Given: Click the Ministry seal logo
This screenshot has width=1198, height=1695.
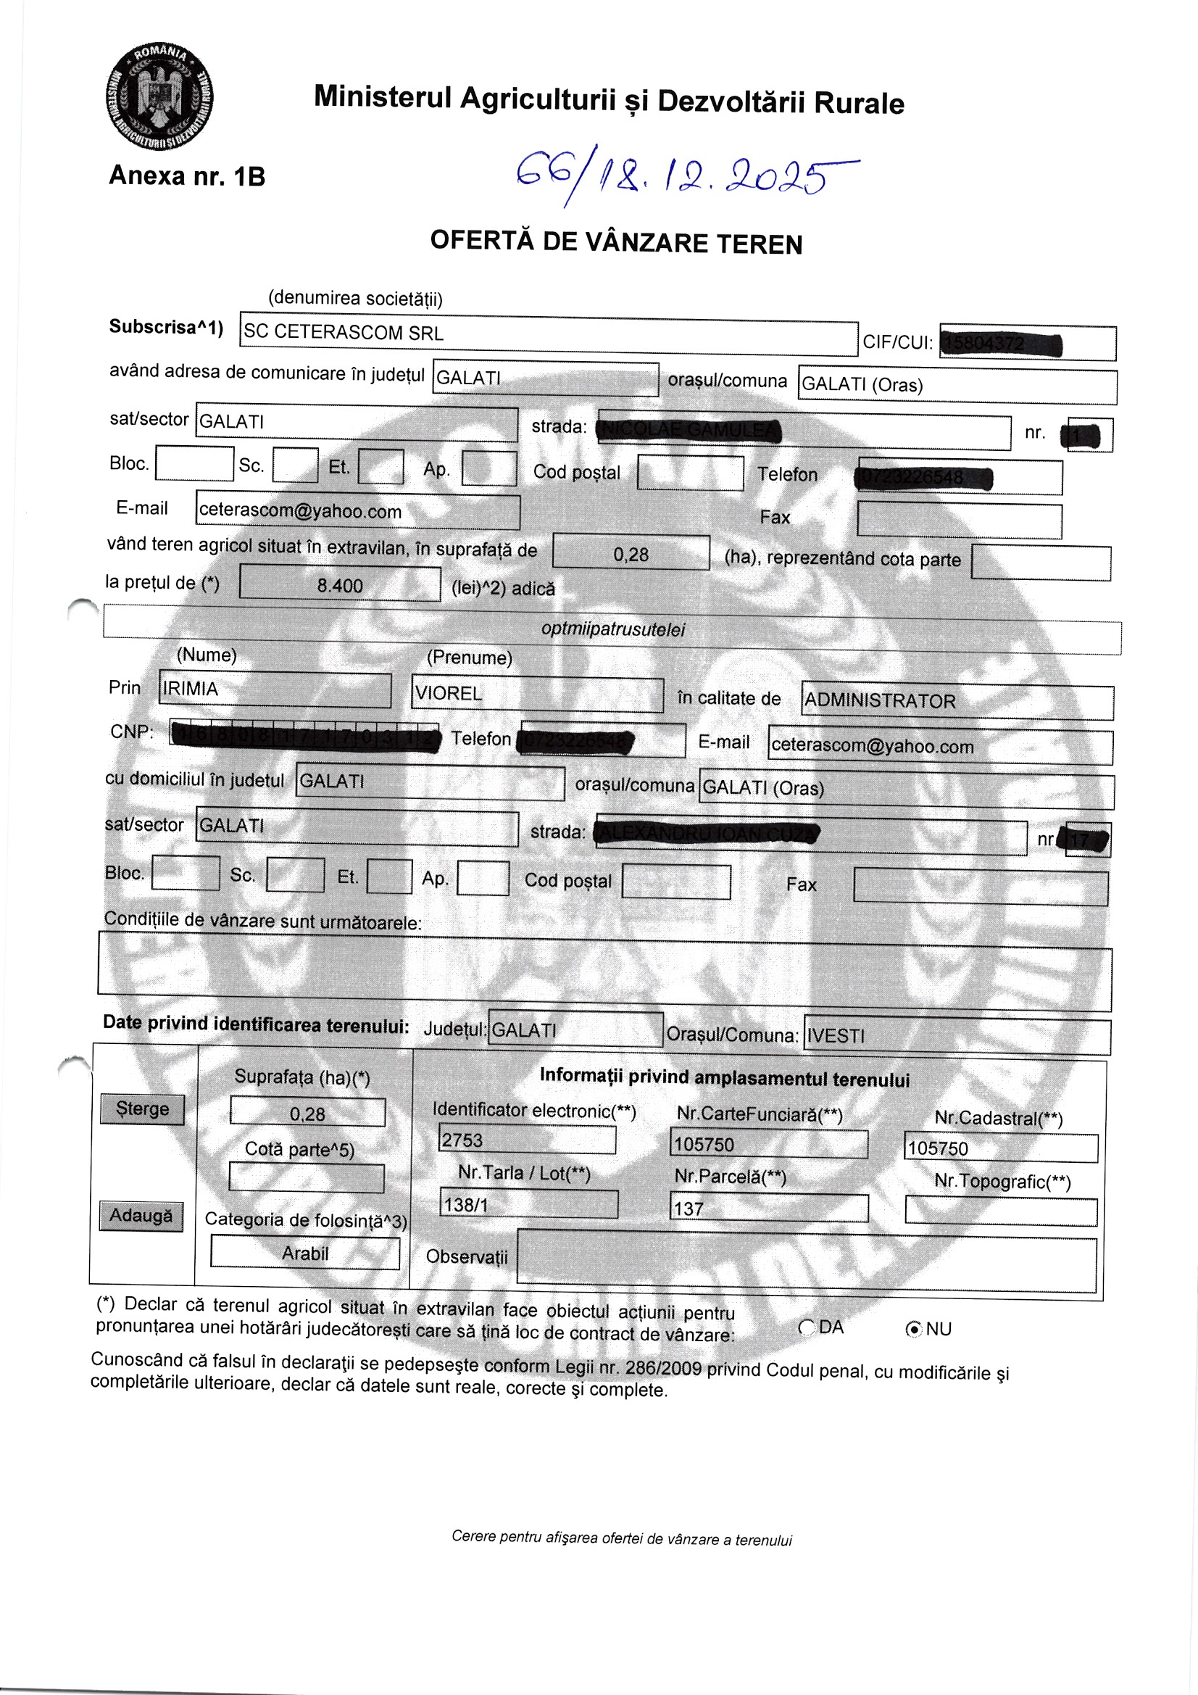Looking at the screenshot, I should (x=159, y=96).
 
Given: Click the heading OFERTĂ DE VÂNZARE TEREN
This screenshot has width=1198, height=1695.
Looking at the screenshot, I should (x=616, y=242).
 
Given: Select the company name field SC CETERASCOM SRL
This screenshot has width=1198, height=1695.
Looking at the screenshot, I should (x=548, y=334).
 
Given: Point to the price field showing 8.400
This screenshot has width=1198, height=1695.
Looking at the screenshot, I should (x=341, y=584).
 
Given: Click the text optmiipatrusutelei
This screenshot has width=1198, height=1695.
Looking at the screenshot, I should (x=612, y=629).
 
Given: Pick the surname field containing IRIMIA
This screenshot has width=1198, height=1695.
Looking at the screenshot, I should (x=275, y=689).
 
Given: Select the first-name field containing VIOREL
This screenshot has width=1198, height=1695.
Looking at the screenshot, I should (x=536, y=694).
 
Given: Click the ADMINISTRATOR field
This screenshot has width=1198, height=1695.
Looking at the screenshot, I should (x=957, y=701).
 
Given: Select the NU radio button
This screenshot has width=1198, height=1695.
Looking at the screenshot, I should (x=914, y=1329).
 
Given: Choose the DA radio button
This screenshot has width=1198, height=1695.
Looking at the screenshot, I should (x=807, y=1327).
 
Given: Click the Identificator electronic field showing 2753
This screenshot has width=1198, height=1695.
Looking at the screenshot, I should (x=527, y=1140).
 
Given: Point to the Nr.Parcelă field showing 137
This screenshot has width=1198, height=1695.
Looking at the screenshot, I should (x=768, y=1209).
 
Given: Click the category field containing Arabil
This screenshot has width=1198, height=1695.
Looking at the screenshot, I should (x=305, y=1253).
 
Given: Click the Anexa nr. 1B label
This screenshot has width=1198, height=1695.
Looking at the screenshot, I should (x=187, y=175).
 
